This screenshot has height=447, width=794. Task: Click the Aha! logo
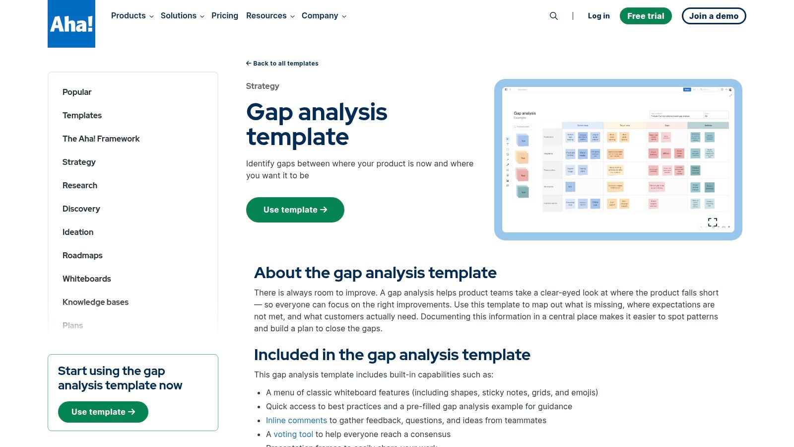(71, 24)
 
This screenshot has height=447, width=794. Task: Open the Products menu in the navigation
(132, 16)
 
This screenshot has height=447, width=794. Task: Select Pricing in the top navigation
(225, 16)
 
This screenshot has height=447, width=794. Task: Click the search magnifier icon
(554, 16)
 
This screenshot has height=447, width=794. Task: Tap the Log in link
(598, 16)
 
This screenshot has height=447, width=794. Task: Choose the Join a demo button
(714, 16)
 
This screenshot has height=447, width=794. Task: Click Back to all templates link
(282, 64)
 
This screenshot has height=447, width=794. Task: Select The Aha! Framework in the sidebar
(101, 139)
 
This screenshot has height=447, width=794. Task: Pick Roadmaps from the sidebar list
(82, 255)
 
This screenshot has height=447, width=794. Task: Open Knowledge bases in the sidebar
(95, 302)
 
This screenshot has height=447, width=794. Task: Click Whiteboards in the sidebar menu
(87, 279)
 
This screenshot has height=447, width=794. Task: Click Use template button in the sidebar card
(103, 412)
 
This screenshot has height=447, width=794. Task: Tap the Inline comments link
(296, 420)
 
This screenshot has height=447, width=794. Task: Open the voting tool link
(293, 434)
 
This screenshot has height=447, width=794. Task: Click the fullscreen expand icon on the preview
(713, 222)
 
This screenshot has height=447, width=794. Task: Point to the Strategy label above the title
(263, 86)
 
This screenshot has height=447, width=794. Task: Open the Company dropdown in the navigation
(324, 16)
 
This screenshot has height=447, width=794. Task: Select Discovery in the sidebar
(81, 209)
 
